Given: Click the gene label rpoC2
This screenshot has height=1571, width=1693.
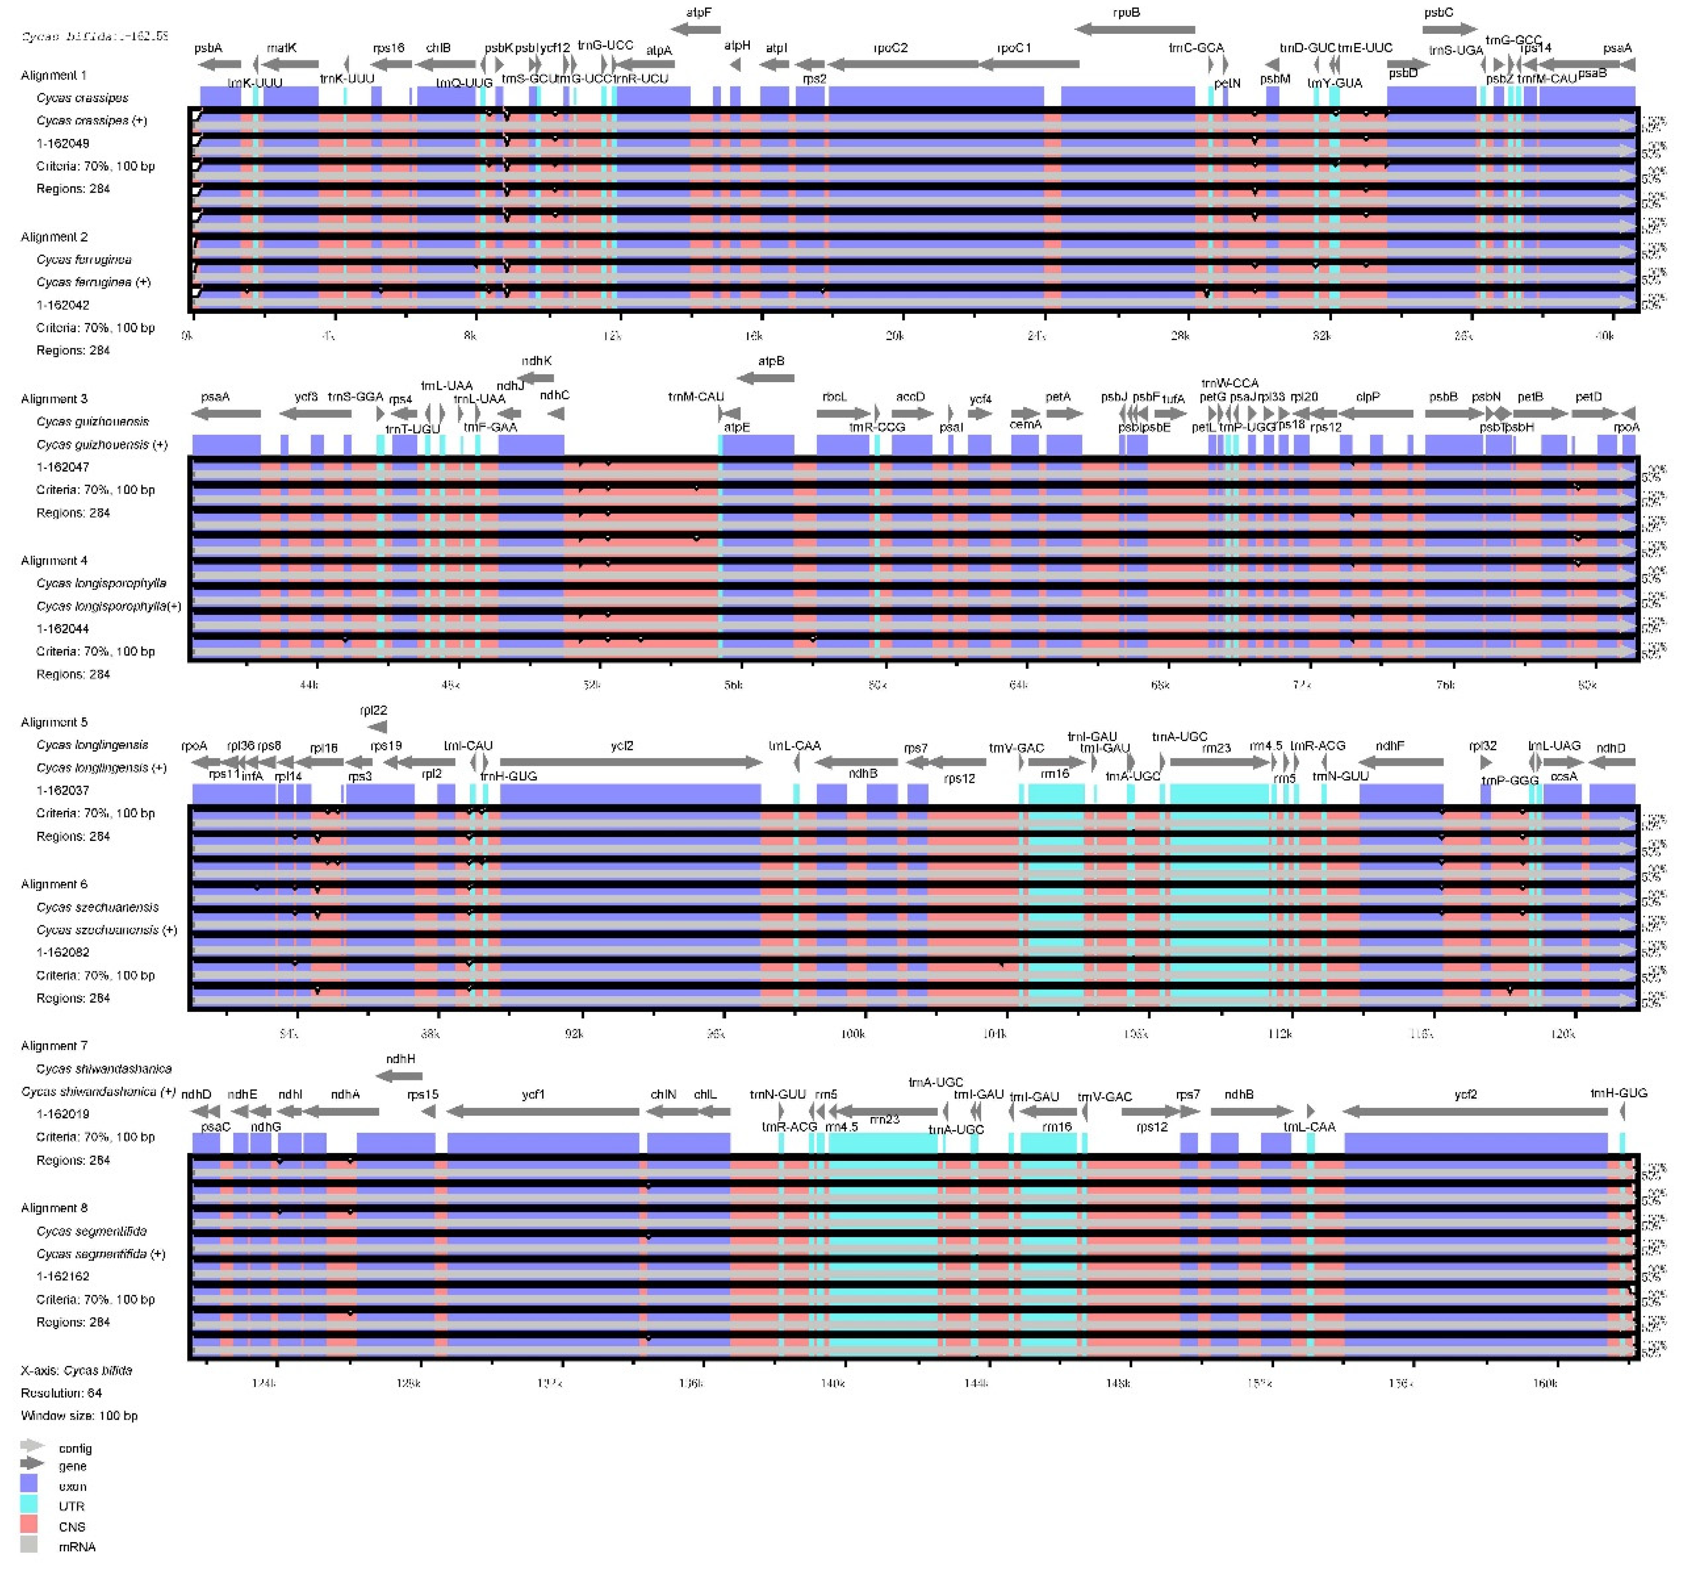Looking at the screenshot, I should coord(890,48).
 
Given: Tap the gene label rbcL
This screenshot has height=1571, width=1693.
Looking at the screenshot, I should coord(834,397).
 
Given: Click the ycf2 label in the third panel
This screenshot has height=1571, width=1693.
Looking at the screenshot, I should coord(622,746).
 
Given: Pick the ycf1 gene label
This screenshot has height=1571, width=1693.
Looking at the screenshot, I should coord(533,1094).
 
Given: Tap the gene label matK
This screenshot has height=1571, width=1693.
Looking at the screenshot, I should coord(281,48).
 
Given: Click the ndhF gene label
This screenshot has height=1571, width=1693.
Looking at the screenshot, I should coord(1389,746).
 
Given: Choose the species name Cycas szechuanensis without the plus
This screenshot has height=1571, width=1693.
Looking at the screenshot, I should coord(97,907).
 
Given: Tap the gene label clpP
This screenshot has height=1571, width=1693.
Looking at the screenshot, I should coord(1367,397).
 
